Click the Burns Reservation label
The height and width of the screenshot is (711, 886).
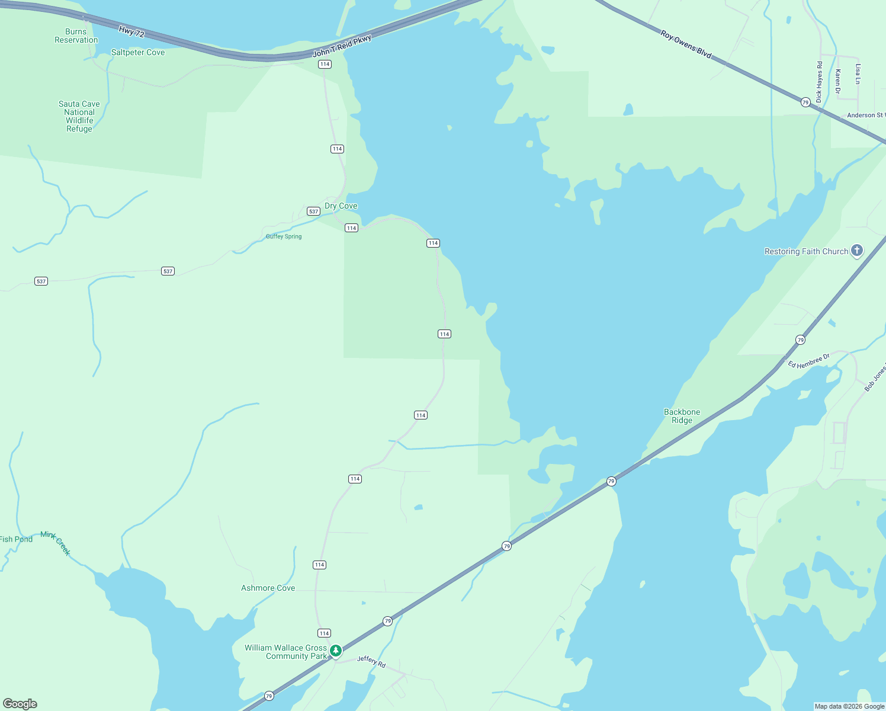click(76, 36)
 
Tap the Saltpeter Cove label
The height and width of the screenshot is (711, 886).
click(138, 53)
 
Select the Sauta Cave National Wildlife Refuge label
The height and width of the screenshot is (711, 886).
click(79, 116)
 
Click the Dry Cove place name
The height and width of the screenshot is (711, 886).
click(341, 206)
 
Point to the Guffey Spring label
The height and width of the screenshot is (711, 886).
click(284, 236)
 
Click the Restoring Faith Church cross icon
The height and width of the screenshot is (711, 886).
click(856, 251)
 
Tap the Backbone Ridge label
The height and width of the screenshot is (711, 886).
click(682, 416)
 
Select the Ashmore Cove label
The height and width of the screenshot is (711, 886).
click(268, 588)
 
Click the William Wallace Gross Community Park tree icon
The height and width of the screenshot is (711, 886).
click(336, 651)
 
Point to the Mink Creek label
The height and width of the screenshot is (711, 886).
click(56, 543)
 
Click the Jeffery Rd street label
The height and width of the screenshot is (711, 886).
click(371, 662)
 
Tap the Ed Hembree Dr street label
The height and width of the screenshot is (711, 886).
click(808, 361)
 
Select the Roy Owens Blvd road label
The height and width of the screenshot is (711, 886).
click(686, 44)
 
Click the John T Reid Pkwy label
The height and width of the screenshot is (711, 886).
click(342, 46)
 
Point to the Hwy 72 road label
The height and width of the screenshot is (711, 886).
click(131, 32)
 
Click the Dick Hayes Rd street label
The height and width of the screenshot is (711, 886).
click(819, 82)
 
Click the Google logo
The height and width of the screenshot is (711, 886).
click(20, 704)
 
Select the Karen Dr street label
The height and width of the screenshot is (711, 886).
click(837, 81)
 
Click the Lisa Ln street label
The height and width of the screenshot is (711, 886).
click(858, 74)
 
